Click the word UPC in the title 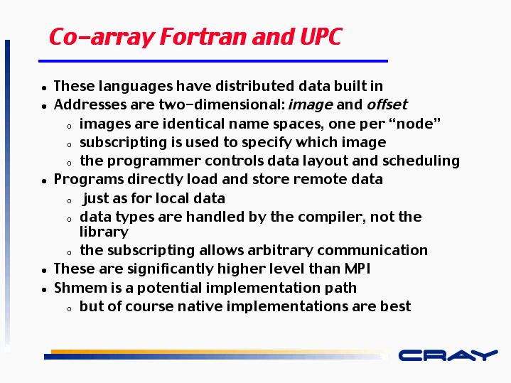click(321, 36)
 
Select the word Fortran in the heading click(203, 36)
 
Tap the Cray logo click(448, 355)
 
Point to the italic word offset click(387, 104)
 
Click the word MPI click(357, 269)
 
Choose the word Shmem click(80, 288)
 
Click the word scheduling click(421, 161)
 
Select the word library click(104, 232)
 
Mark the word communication click(372, 250)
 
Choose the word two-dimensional click(222, 104)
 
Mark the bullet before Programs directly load click(44, 181)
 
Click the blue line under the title click(213, 61)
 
